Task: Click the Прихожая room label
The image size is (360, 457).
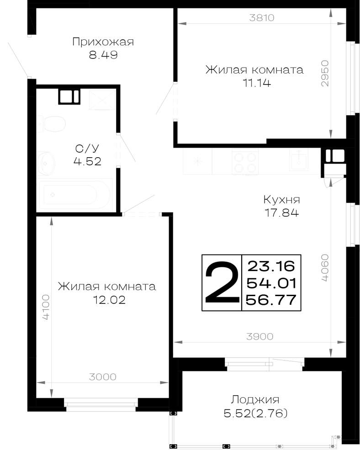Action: tap(103, 42)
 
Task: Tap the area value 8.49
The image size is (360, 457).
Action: tap(103, 55)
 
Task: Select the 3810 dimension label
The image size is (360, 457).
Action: tap(262, 18)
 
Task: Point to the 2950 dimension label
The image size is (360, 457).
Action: tap(325, 74)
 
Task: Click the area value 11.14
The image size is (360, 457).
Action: tap(257, 83)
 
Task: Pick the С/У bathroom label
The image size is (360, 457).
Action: tap(87, 149)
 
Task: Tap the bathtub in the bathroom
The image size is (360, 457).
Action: tap(74, 194)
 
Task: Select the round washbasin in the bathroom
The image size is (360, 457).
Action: tap(46, 163)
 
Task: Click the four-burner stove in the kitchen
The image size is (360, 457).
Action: tap(245, 162)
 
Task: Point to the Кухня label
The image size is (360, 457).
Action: tap(282, 200)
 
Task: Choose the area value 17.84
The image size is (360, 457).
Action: tap(282, 213)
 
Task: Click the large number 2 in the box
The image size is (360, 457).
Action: tap(222, 282)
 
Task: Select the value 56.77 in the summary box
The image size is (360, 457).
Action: tap(271, 300)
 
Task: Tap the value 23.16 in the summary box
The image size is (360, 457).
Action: tap(271, 266)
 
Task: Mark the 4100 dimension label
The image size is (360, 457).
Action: tap(46, 307)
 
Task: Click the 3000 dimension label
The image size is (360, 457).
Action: tap(103, 377)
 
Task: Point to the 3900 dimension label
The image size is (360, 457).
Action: tap(260, 337)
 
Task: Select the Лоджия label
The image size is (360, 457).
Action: tap(255, 400)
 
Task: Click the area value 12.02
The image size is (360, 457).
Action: tap(109, 300)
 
